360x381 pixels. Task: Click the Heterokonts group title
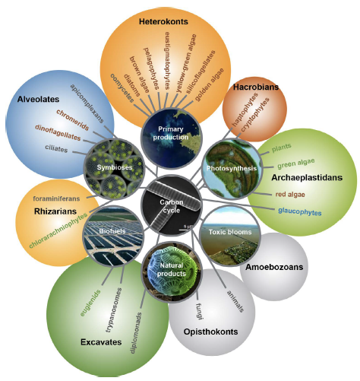coord(163,21)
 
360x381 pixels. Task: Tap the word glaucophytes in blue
coord(300,211)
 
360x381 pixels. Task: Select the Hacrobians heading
coord(256,87)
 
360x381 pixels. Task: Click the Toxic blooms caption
coord(230,232)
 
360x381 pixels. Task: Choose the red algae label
coord(290,195)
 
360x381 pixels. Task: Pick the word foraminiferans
coord(56,198)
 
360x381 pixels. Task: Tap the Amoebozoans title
coord(274,267)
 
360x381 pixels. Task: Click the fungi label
coord(200,311)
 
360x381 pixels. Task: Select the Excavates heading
coord(101,342)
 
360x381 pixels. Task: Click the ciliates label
coord(56,148)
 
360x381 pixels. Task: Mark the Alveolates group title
coord(38,99)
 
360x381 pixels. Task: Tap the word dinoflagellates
coord(58,132)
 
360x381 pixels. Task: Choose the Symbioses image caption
coord(115,167)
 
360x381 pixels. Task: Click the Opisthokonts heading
coord(210,332)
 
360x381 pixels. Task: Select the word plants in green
coord(282,148)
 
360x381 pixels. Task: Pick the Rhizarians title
coord(55,211)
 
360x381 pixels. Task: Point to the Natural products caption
coord(172,269)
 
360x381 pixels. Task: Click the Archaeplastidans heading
coord(307,177)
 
